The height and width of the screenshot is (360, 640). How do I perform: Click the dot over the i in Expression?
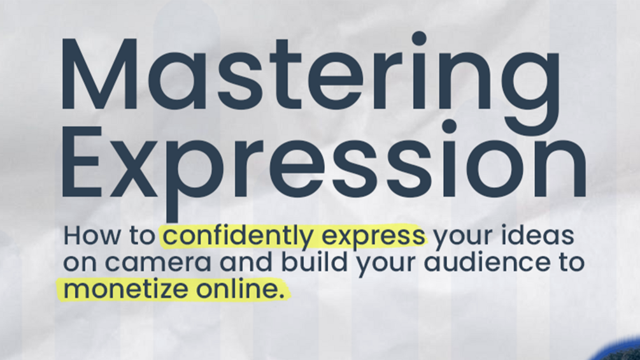click(x=449, y=126)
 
